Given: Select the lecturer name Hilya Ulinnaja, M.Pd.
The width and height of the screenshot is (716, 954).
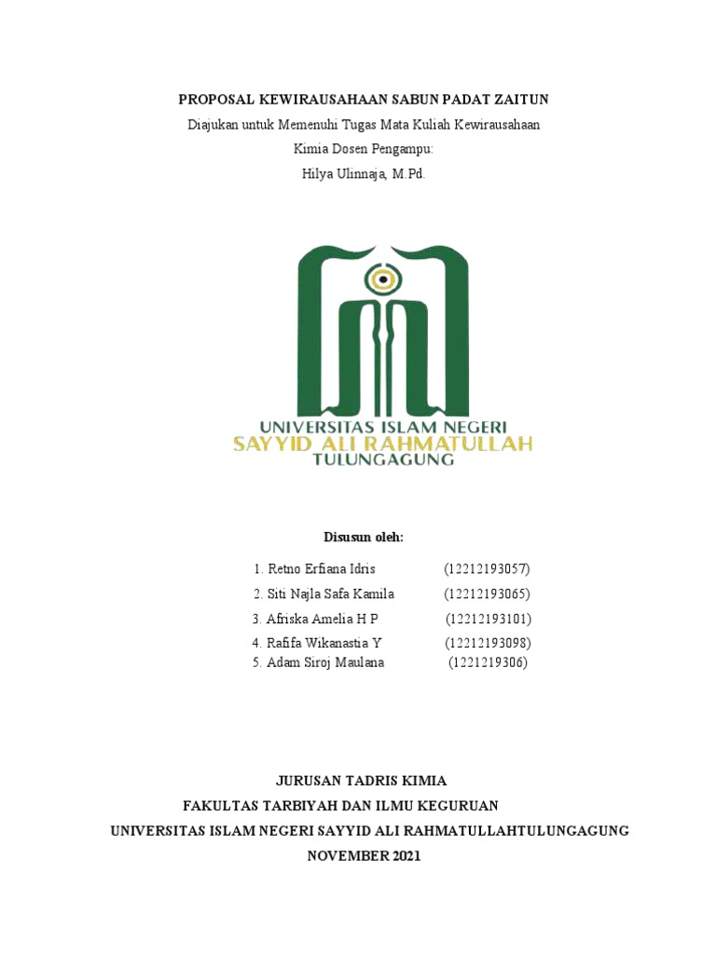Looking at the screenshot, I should [x=364, y=172].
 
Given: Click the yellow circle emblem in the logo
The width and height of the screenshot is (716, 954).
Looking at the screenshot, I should [x=380, y=278].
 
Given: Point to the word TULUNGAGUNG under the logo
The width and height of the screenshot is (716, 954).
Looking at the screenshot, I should [x=383, y=459].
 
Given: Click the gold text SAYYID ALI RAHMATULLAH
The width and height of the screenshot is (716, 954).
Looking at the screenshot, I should [x=382, y=443].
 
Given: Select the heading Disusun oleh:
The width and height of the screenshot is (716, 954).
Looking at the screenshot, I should [x=364, y=538].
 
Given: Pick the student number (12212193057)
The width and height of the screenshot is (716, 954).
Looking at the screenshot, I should [x=487, y=568].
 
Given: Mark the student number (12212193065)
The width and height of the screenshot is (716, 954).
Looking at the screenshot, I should [x=487, y=593].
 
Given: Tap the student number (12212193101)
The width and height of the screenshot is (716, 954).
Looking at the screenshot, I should [x=488, y=619].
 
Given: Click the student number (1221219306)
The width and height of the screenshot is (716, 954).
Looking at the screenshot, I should [x=488, y=662].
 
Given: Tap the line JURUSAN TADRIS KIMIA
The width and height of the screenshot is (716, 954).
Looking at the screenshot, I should [x=363, y=781].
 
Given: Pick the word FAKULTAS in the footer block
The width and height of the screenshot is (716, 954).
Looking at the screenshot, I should [x=219, y=806].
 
